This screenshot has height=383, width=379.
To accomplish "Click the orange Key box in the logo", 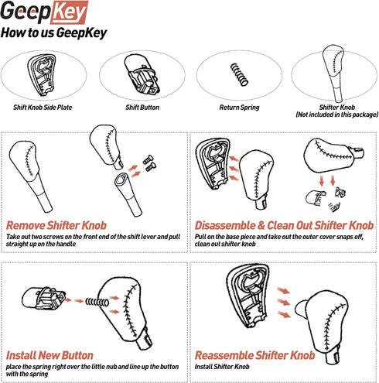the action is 69,12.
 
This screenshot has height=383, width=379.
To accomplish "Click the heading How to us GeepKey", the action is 53,33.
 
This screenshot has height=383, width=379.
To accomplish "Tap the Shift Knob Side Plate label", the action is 43,108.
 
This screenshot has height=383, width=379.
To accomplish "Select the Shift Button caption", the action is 142,108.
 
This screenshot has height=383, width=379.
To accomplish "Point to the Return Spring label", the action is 239,108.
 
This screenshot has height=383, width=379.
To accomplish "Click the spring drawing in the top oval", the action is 239,74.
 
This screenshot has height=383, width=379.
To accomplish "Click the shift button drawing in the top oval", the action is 142,74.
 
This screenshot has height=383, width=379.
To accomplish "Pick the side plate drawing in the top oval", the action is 42,75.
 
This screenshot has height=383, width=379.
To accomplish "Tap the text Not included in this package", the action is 337,115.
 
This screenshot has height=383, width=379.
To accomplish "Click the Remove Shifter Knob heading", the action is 56,225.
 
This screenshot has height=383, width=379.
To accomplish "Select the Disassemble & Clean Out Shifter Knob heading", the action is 284,225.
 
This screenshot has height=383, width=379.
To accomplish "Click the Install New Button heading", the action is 50,355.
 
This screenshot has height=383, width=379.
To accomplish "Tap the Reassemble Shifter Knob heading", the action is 254,355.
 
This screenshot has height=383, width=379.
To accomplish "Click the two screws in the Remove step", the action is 149,163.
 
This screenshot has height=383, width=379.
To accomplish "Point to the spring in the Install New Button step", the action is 97,302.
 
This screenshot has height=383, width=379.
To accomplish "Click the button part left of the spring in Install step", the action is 44,299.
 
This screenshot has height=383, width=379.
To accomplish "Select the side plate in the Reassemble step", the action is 248,296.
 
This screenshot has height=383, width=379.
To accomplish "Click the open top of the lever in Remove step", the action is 121,179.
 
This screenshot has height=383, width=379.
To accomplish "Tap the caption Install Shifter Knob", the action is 222,367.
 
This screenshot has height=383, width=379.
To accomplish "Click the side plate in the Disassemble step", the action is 213,163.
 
